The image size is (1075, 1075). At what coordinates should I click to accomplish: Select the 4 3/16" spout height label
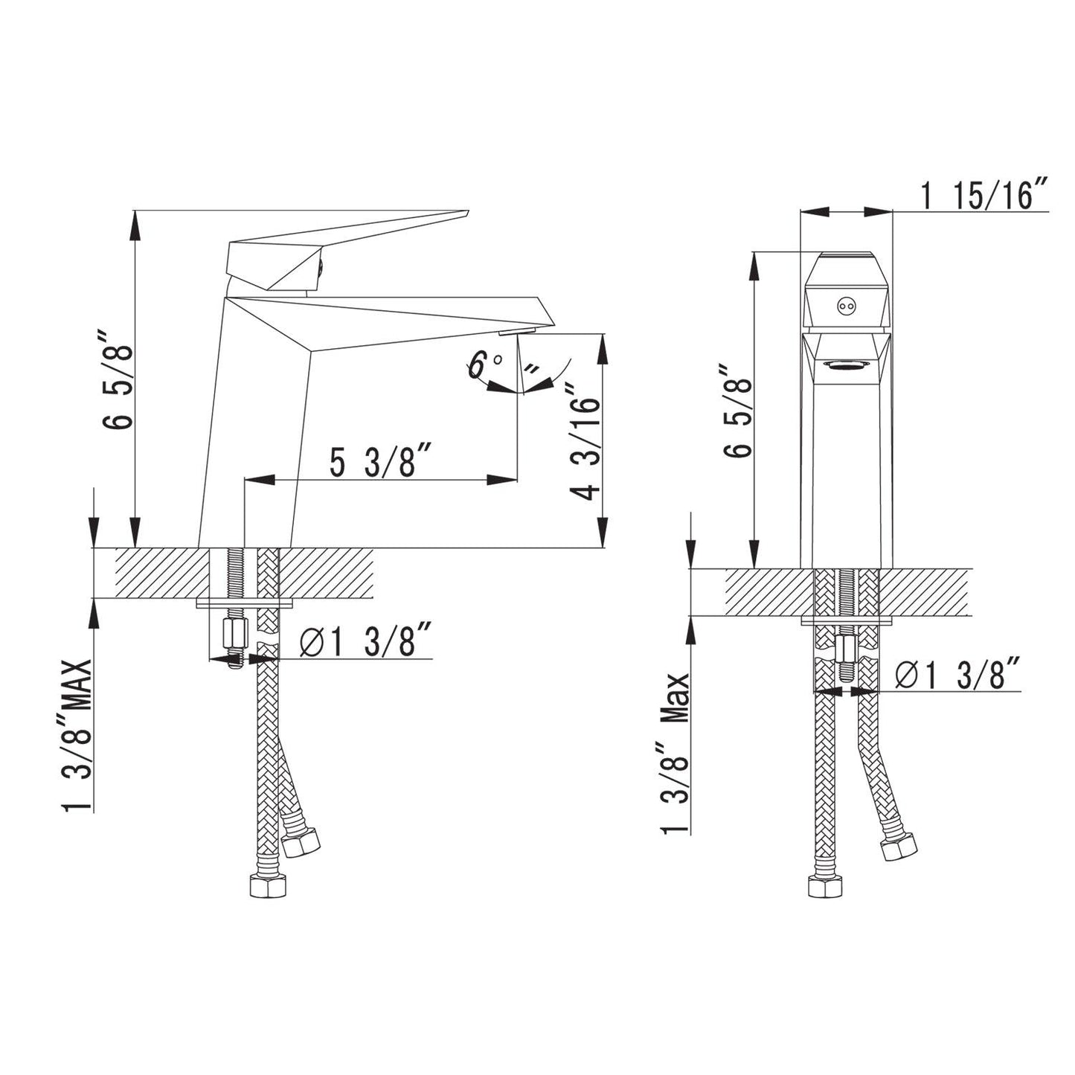click(585, 442)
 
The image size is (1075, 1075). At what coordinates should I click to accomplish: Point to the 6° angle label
click(484, 365)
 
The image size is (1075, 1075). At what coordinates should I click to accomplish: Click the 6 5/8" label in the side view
click(118, 386)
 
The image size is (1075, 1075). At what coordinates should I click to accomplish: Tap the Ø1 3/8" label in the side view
click(366, 642)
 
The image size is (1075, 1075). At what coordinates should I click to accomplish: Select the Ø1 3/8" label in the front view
click(959, 675)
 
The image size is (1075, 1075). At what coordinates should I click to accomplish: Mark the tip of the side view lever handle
click(466, 214)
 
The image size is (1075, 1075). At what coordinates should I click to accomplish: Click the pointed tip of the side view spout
click(553, 321)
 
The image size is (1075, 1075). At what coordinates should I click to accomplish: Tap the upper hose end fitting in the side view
click(301, 841)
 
